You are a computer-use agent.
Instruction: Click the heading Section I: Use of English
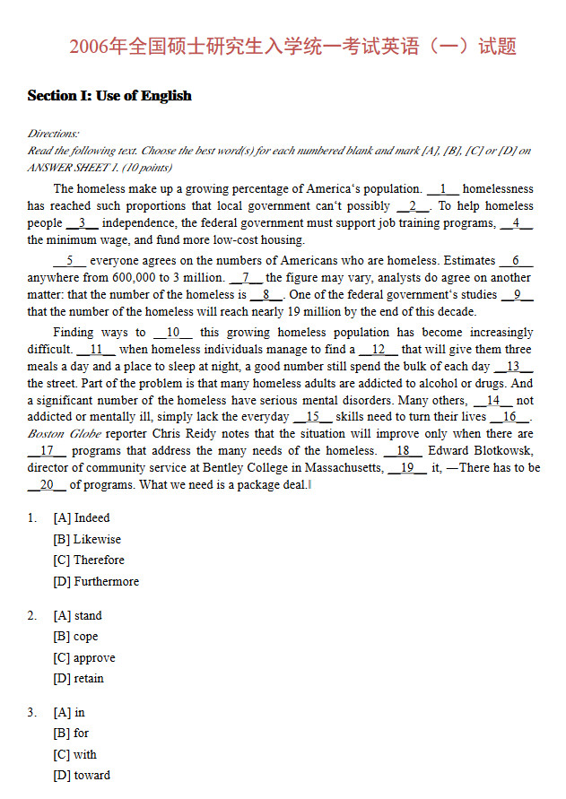(x=109, y=96)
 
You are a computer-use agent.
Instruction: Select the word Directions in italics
(x=53, y=134)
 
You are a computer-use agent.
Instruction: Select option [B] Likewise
(x=87, y=540)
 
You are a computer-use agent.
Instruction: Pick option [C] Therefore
(x=89, y=560)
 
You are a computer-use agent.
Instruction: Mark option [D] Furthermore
(x=96, y=582)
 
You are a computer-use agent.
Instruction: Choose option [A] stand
(x=78, y=616)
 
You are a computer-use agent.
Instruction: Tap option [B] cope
(x=76, y=637)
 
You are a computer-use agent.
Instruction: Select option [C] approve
(x=84, y=658)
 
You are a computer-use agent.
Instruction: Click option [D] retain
(x=79, y=679)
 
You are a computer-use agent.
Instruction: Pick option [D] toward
(x=82, y=776)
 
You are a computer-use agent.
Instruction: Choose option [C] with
(x=75, y=755)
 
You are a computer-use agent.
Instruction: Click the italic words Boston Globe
(x=59, y=434)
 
